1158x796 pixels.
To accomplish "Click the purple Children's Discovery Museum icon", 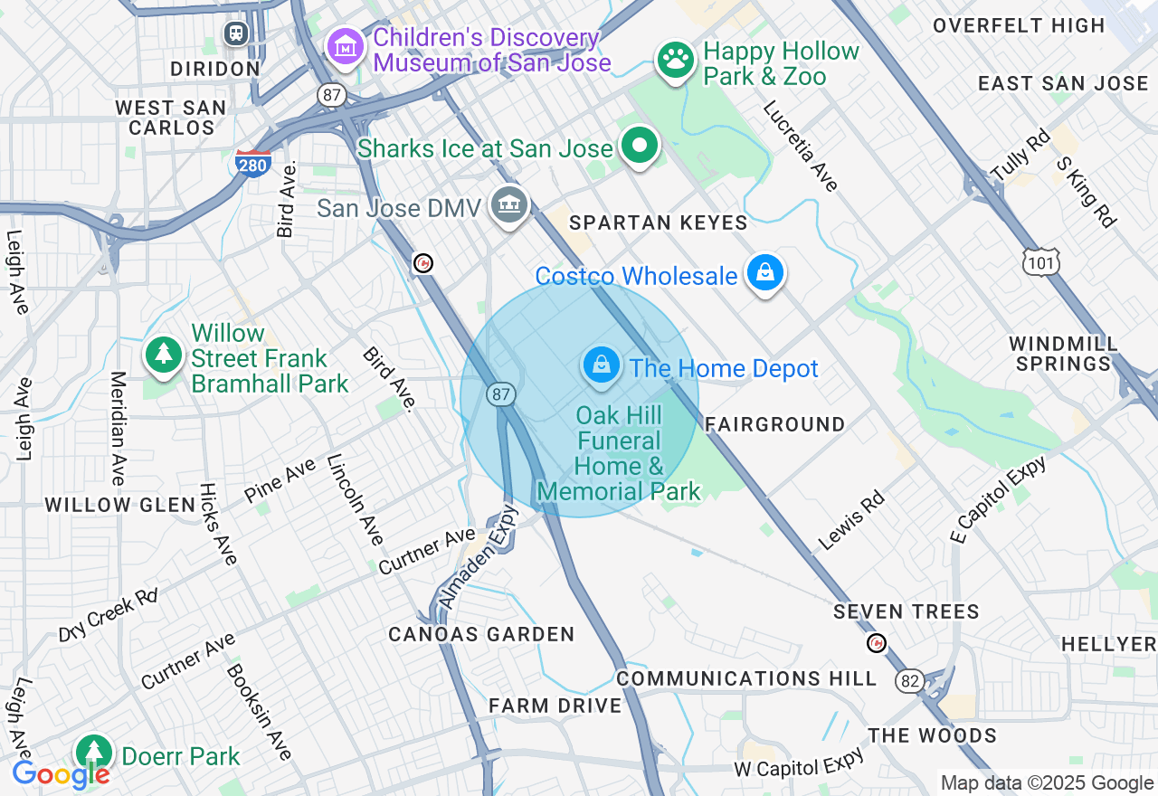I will click(345, 46).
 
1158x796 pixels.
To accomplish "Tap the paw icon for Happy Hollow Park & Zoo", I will click(675, 60).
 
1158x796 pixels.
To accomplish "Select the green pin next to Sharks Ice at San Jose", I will click(640, 146).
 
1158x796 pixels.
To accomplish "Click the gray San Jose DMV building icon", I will click(508, 204).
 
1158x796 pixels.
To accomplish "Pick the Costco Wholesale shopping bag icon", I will click(764, 272).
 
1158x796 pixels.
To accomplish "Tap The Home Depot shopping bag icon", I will click(601, 365).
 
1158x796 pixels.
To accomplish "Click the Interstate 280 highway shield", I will click(252, 163).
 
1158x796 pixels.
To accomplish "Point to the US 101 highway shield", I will click(1037, 262).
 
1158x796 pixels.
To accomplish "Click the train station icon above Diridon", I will click(236, 33).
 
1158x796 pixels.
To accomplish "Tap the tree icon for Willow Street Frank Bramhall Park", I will click(164, 355).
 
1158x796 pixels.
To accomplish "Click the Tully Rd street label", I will click(1020, 155).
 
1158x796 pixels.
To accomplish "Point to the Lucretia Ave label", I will click(801, 146).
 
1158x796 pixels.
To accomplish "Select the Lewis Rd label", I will click(850, 522).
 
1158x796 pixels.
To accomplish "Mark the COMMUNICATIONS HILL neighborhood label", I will click(746, 678).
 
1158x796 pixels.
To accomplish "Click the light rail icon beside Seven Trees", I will click(876, 643).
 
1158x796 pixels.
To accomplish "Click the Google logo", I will click(61, 774).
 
